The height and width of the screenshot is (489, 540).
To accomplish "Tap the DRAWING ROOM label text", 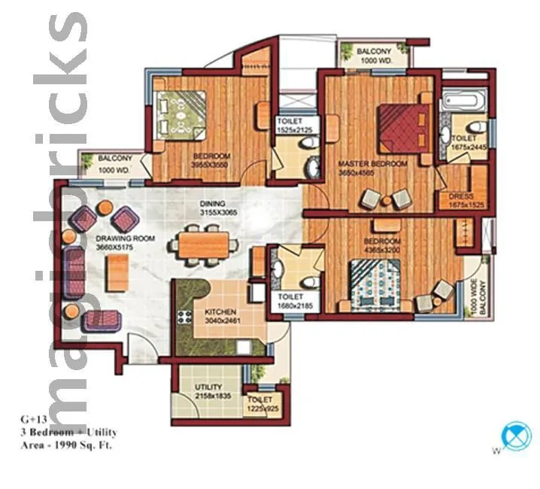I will coord(126,238).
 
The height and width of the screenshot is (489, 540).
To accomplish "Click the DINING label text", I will coord(213,204).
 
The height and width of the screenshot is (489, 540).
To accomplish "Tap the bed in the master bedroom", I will coord(405,125).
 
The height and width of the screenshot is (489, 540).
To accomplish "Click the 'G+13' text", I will coord(32,419).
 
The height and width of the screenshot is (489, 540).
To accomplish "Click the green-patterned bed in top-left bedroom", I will coord(181,115).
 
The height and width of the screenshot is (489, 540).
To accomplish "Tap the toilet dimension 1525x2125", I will coord(294,129).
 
